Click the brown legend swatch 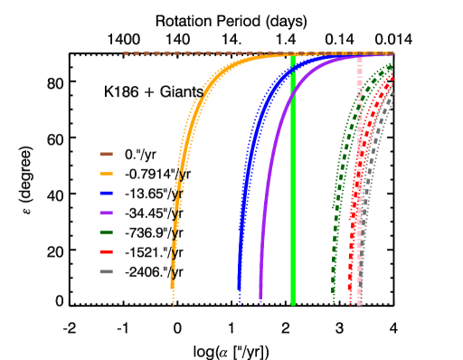click(106, 154)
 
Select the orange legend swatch click(106, 174)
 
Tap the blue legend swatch click(106, 193)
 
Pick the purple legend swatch click(106, 213)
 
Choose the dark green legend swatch click(106, 232)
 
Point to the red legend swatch click(106, 251)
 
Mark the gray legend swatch click(106, 271)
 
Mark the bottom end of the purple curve click(260, 297)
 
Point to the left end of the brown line click(126, 53)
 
